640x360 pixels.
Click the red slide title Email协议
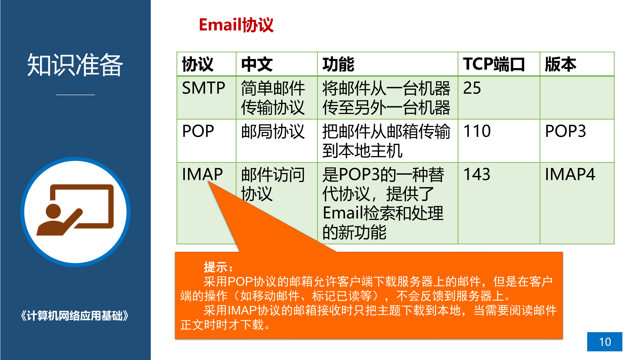click(x=236, y=25)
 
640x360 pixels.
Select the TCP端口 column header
click(x=494, y=64)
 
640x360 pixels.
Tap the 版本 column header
click(x=561, y=64)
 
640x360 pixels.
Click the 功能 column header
click(x=338, y=64)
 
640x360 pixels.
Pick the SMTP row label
click(x=204, y=88)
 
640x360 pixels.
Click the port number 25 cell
click(x=472, y=88)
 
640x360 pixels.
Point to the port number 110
click(x=477, y=131)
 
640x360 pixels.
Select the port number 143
click(x=477, y=174)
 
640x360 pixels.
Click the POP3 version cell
click(x=565, y=131)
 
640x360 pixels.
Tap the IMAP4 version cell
click(x=570, y=174)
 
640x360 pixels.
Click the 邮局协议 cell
click(x=273, y=131)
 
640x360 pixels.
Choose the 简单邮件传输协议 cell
click(x=273, y=98)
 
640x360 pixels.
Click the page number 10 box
click(x=604, y=342)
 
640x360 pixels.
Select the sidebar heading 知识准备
click(x=75, y=65)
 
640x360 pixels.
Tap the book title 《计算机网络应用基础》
click(x=75, y=316)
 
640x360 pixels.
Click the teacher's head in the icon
click(x=53, y=211)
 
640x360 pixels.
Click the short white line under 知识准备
click(x=76, y=95)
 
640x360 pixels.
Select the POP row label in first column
click(x=198, y=131)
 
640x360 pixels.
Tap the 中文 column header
click(x=257, y=64)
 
